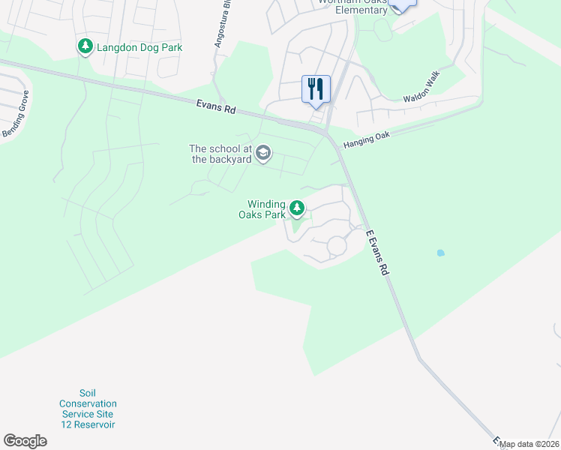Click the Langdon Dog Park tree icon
[85, 47]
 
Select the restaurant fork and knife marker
[316, 89]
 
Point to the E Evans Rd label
[377, 252]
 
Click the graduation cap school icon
[262, 154]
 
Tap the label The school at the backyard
[221, 154]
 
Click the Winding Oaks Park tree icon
[297, 207]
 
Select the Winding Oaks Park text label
[266, 209]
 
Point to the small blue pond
[440, 253]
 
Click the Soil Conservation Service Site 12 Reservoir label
[88, 409]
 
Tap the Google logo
[25, 441]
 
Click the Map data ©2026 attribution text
[529, 444]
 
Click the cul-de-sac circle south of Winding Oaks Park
[336, 245]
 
